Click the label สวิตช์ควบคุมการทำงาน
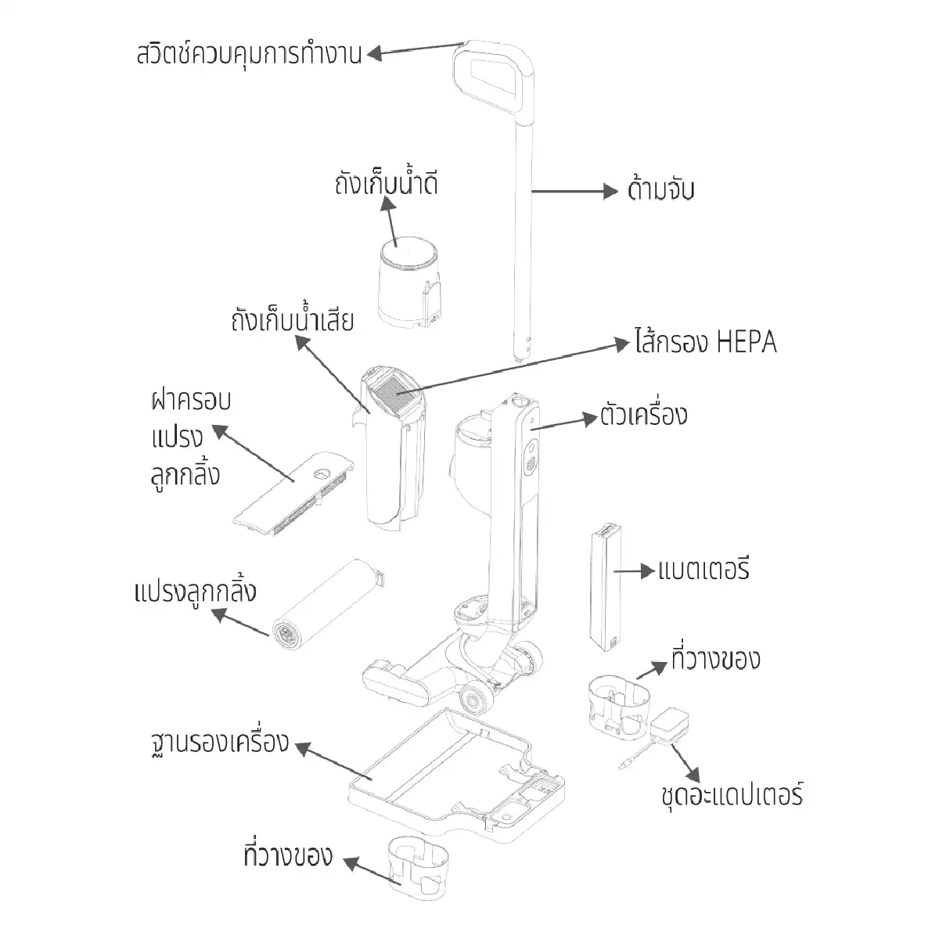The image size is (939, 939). pos(249,54)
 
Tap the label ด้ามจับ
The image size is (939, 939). pos(660,190)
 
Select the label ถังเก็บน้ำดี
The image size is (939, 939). pos(386,184)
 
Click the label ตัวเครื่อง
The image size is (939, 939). pos(643,416)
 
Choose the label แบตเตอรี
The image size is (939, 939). pos(703,570)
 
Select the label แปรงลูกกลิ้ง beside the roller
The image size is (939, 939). pos(195,592)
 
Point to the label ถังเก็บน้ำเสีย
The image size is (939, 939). pos(292,320)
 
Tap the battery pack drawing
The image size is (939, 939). pos(605,588)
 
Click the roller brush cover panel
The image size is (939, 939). pos(293,494)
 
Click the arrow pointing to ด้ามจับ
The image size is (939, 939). pos(574,192)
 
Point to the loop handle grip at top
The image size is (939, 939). pos(493,78)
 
